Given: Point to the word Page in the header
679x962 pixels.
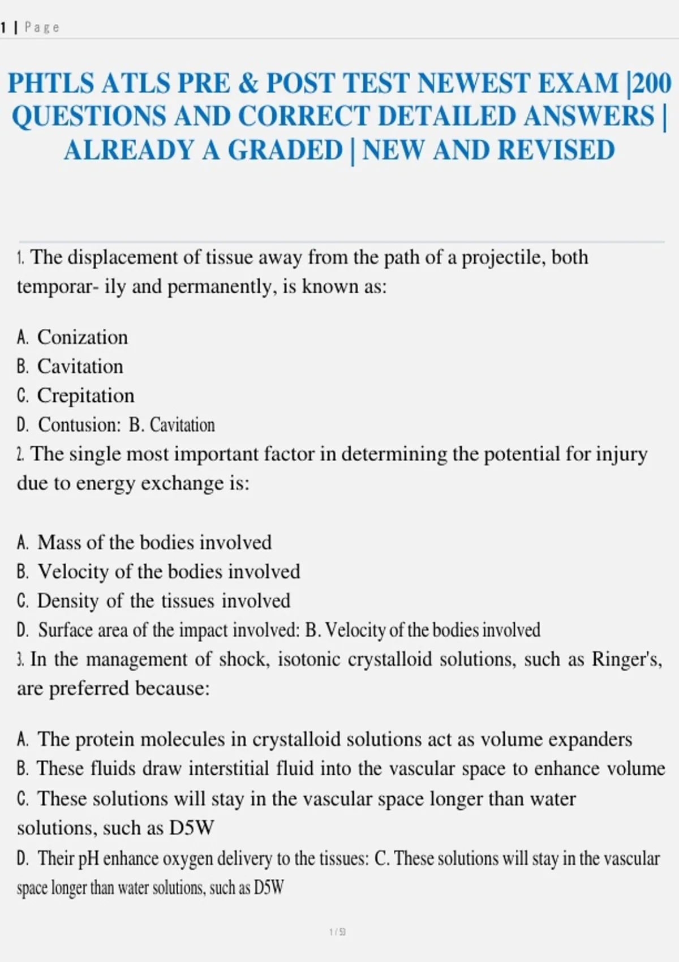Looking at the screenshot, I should click(x=42, y=27).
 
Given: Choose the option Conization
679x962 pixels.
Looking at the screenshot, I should click(x=83, y=337).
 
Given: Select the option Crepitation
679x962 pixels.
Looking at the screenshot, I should click(x=85, y=396).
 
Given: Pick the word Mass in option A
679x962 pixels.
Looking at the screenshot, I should click(x=56, y=543).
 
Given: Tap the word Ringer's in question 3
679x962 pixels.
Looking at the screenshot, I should click(x=626, y=659).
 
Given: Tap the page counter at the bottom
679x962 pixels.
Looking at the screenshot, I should click(x=338, y=931).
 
